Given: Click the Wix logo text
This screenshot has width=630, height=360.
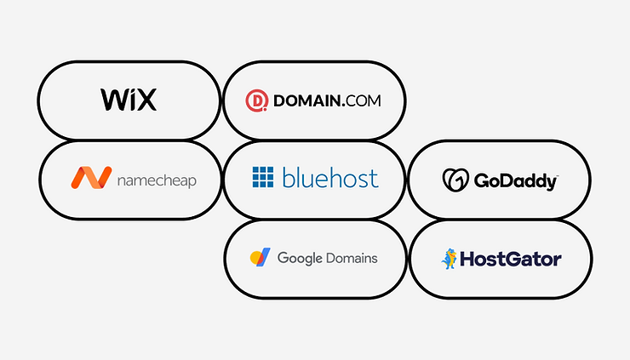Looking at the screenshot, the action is [x=129, y=100].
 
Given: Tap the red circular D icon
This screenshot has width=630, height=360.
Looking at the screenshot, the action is [x=257, y=100].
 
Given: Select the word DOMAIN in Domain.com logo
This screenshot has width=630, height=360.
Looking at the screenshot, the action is [x=307, y=100].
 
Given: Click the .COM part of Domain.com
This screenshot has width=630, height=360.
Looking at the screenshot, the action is [x=361, y=100].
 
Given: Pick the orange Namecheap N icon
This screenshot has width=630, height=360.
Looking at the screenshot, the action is [x=91, y=178].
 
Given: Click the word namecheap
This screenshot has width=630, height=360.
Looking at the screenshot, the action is [x=157, y=180].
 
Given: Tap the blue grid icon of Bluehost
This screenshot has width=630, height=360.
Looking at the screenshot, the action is [x=263, y=177].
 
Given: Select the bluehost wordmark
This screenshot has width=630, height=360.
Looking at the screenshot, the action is [x=330, y=178].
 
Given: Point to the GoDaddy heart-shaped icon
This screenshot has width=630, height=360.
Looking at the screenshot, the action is [x=455, y=180].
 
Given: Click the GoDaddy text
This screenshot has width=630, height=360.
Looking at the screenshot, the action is [x=515, y=181].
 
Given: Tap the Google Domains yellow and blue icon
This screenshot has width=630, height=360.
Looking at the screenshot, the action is [x=260, y=257].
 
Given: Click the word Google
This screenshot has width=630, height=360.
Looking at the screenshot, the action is [x=300, y=259].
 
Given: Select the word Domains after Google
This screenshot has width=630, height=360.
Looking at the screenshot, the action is [x=352, y=258].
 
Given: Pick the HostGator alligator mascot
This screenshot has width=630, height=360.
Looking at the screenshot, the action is [x=450, y=259].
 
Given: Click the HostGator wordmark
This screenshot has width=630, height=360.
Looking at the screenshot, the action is [x=511, y=259].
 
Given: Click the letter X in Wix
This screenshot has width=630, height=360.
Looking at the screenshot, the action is [x=146, y=100].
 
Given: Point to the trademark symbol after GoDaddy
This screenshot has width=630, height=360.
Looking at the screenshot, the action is [x=557, y=176].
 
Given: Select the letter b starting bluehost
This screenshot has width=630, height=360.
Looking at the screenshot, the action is [x=289, y=178].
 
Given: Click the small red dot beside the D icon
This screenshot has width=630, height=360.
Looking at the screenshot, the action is [x=265, y=109].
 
